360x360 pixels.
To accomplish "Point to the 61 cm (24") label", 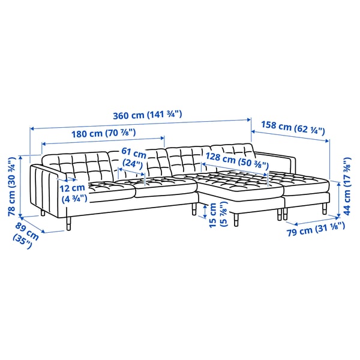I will (133, 157).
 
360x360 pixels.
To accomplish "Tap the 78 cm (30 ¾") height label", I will (11, 185).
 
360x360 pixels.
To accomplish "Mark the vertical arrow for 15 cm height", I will (205, 209).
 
